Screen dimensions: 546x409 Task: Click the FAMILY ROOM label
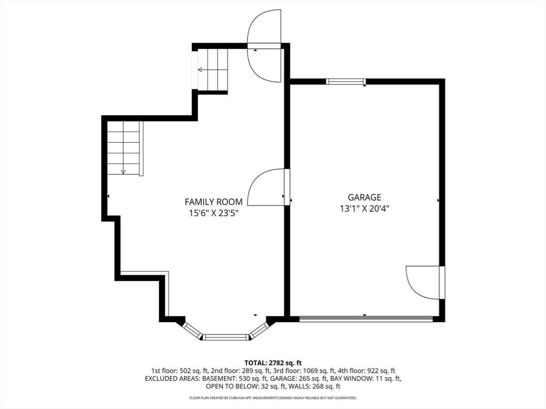(x=213, y=202)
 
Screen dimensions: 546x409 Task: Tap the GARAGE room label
(x=365, y=197)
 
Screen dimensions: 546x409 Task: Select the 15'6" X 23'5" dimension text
(x=213, y=213)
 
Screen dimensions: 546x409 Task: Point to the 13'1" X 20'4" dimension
(x=365, y=208)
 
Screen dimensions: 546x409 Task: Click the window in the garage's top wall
(x=346, y=81)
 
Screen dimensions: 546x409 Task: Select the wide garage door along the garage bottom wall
(x=366, y=318)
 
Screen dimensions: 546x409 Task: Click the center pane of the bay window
(x=226, y=337)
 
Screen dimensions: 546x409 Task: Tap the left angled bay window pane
(x=192, y=331)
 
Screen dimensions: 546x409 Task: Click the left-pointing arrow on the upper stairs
(x=207, y=70)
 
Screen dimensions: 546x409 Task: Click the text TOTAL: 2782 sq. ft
(x=273, y=363)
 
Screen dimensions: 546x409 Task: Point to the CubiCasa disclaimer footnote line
(x=273, y=397)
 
